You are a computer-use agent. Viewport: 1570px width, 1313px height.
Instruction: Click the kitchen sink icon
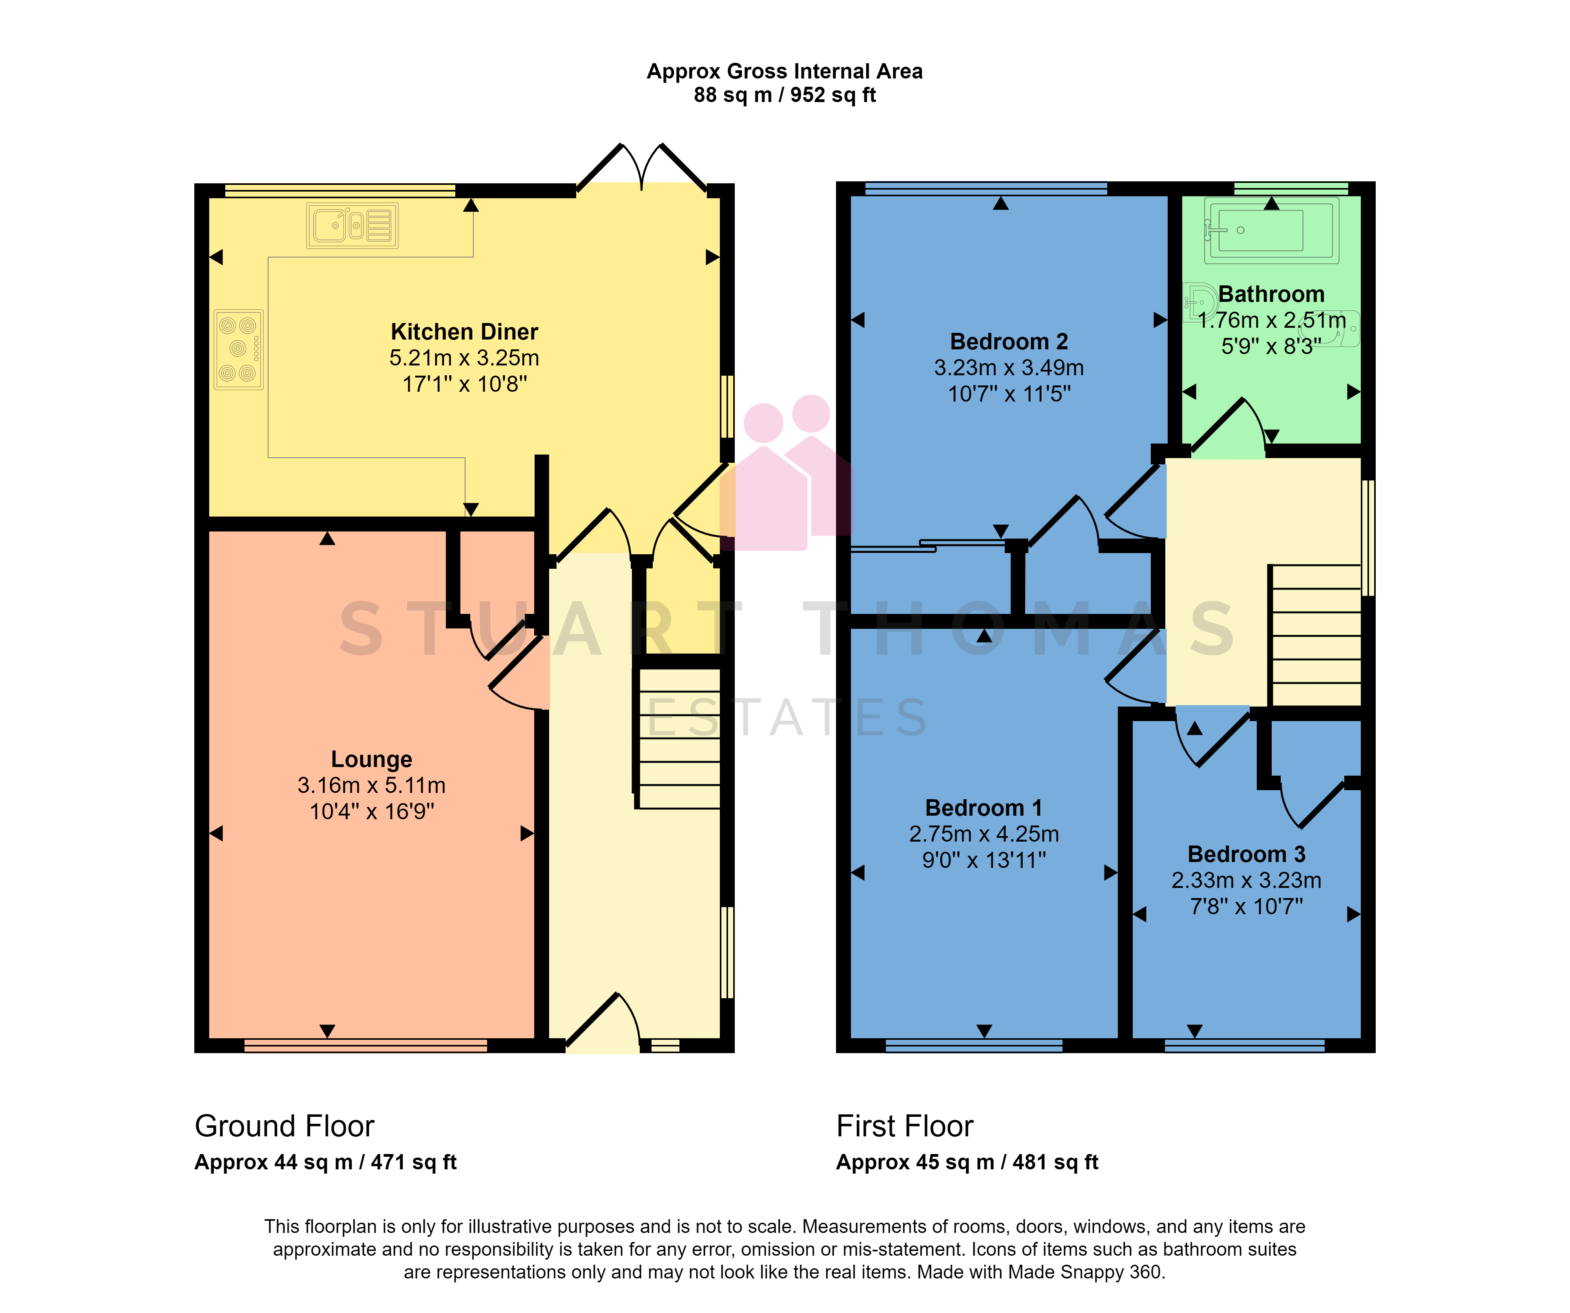tap(352, 225)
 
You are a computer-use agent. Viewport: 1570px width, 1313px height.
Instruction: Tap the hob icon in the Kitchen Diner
tap(239, 349)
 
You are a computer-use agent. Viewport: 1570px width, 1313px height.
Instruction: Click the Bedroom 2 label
tap(1009, 342)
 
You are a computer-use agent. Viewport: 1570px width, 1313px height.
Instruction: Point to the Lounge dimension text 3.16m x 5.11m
tap(372, 785)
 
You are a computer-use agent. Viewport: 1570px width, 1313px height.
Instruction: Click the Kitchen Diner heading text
tap(464, 331)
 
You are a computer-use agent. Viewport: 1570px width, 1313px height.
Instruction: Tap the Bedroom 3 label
tap(1246, 854)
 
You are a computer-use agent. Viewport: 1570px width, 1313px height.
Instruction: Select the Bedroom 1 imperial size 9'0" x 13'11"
tap(984, 860)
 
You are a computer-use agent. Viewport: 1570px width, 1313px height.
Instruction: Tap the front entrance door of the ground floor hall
tap(602, 1024)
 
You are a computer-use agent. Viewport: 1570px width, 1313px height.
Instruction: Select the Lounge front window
tap(365, 1045)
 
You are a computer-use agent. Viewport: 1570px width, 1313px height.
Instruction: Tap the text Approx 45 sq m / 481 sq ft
tap(967, 1162)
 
